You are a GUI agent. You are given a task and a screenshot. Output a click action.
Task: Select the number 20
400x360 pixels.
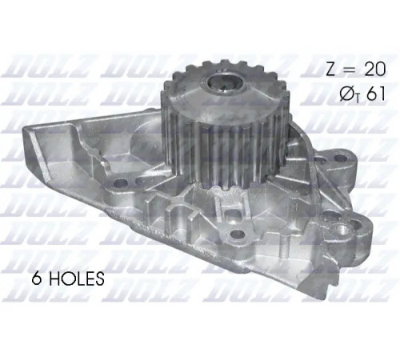point(375,70)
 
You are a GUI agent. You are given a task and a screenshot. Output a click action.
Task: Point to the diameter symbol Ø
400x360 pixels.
point(347,94)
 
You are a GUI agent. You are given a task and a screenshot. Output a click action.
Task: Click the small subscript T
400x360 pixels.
point(358,99)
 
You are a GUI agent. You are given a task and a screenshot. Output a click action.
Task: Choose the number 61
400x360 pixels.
point(375,94)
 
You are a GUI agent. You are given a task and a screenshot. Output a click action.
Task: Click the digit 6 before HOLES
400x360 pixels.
point(38,278)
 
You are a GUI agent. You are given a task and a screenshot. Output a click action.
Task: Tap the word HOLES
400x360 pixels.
point(77,278)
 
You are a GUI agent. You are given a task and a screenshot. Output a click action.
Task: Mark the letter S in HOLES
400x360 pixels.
point(99,278)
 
